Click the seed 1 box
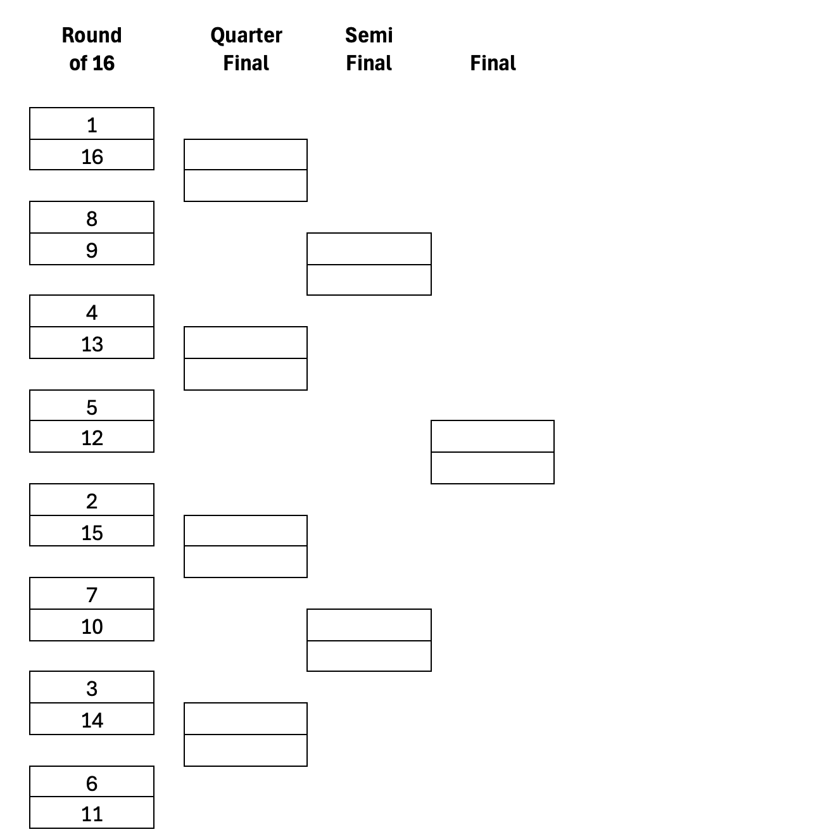click(92, 124)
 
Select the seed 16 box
click(92, 155)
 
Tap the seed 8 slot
click(92, 218)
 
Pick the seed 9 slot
click(92, 249)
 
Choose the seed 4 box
click(92, 312)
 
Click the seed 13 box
click(92, 343)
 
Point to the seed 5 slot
click(92, 406)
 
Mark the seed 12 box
click(92, 437)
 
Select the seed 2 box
click(92, 500)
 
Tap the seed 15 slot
click(92, 531)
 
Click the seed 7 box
click(92, 594)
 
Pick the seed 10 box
click(92, 626)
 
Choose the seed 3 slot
click(92, 688)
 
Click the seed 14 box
click(92, 719)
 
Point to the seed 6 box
click(92, 782)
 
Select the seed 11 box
click(92, 813)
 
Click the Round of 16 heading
click(92, 49)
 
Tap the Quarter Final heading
click(246, 49)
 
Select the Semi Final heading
click(369, 49)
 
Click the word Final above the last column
click(493, 63)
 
